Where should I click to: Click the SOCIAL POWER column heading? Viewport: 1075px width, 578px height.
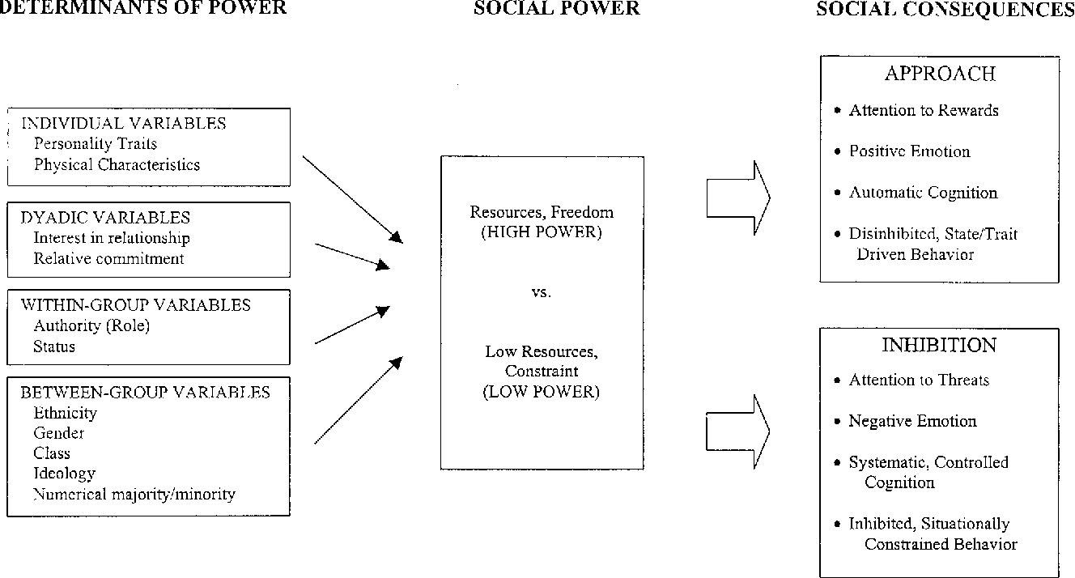557,8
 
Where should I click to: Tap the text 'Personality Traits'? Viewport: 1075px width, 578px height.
96,143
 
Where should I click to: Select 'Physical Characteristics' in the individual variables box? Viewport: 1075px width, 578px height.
117,164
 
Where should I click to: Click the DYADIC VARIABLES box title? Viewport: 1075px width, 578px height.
105,218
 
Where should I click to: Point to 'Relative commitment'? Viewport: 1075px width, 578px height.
108,258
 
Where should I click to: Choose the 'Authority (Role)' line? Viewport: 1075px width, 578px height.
91,325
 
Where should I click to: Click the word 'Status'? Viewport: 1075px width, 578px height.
54,346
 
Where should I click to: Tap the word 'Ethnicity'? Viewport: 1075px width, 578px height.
66,413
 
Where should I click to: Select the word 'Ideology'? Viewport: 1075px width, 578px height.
64,474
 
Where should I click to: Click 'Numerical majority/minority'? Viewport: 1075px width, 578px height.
134,494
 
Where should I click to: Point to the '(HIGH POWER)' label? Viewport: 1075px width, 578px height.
542,232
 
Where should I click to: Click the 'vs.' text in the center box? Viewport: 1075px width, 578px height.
542,292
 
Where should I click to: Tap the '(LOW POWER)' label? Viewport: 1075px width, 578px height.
542,392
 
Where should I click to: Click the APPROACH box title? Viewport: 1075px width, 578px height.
940,74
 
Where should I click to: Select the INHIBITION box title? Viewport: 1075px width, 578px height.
939,346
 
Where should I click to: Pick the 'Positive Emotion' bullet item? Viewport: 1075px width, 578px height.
909,151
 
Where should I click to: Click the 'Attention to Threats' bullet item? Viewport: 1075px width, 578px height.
919,380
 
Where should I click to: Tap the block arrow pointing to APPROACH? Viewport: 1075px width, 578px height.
738,198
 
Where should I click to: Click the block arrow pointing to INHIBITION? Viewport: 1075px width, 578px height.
738,431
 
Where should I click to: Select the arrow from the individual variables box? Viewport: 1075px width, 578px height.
353,200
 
